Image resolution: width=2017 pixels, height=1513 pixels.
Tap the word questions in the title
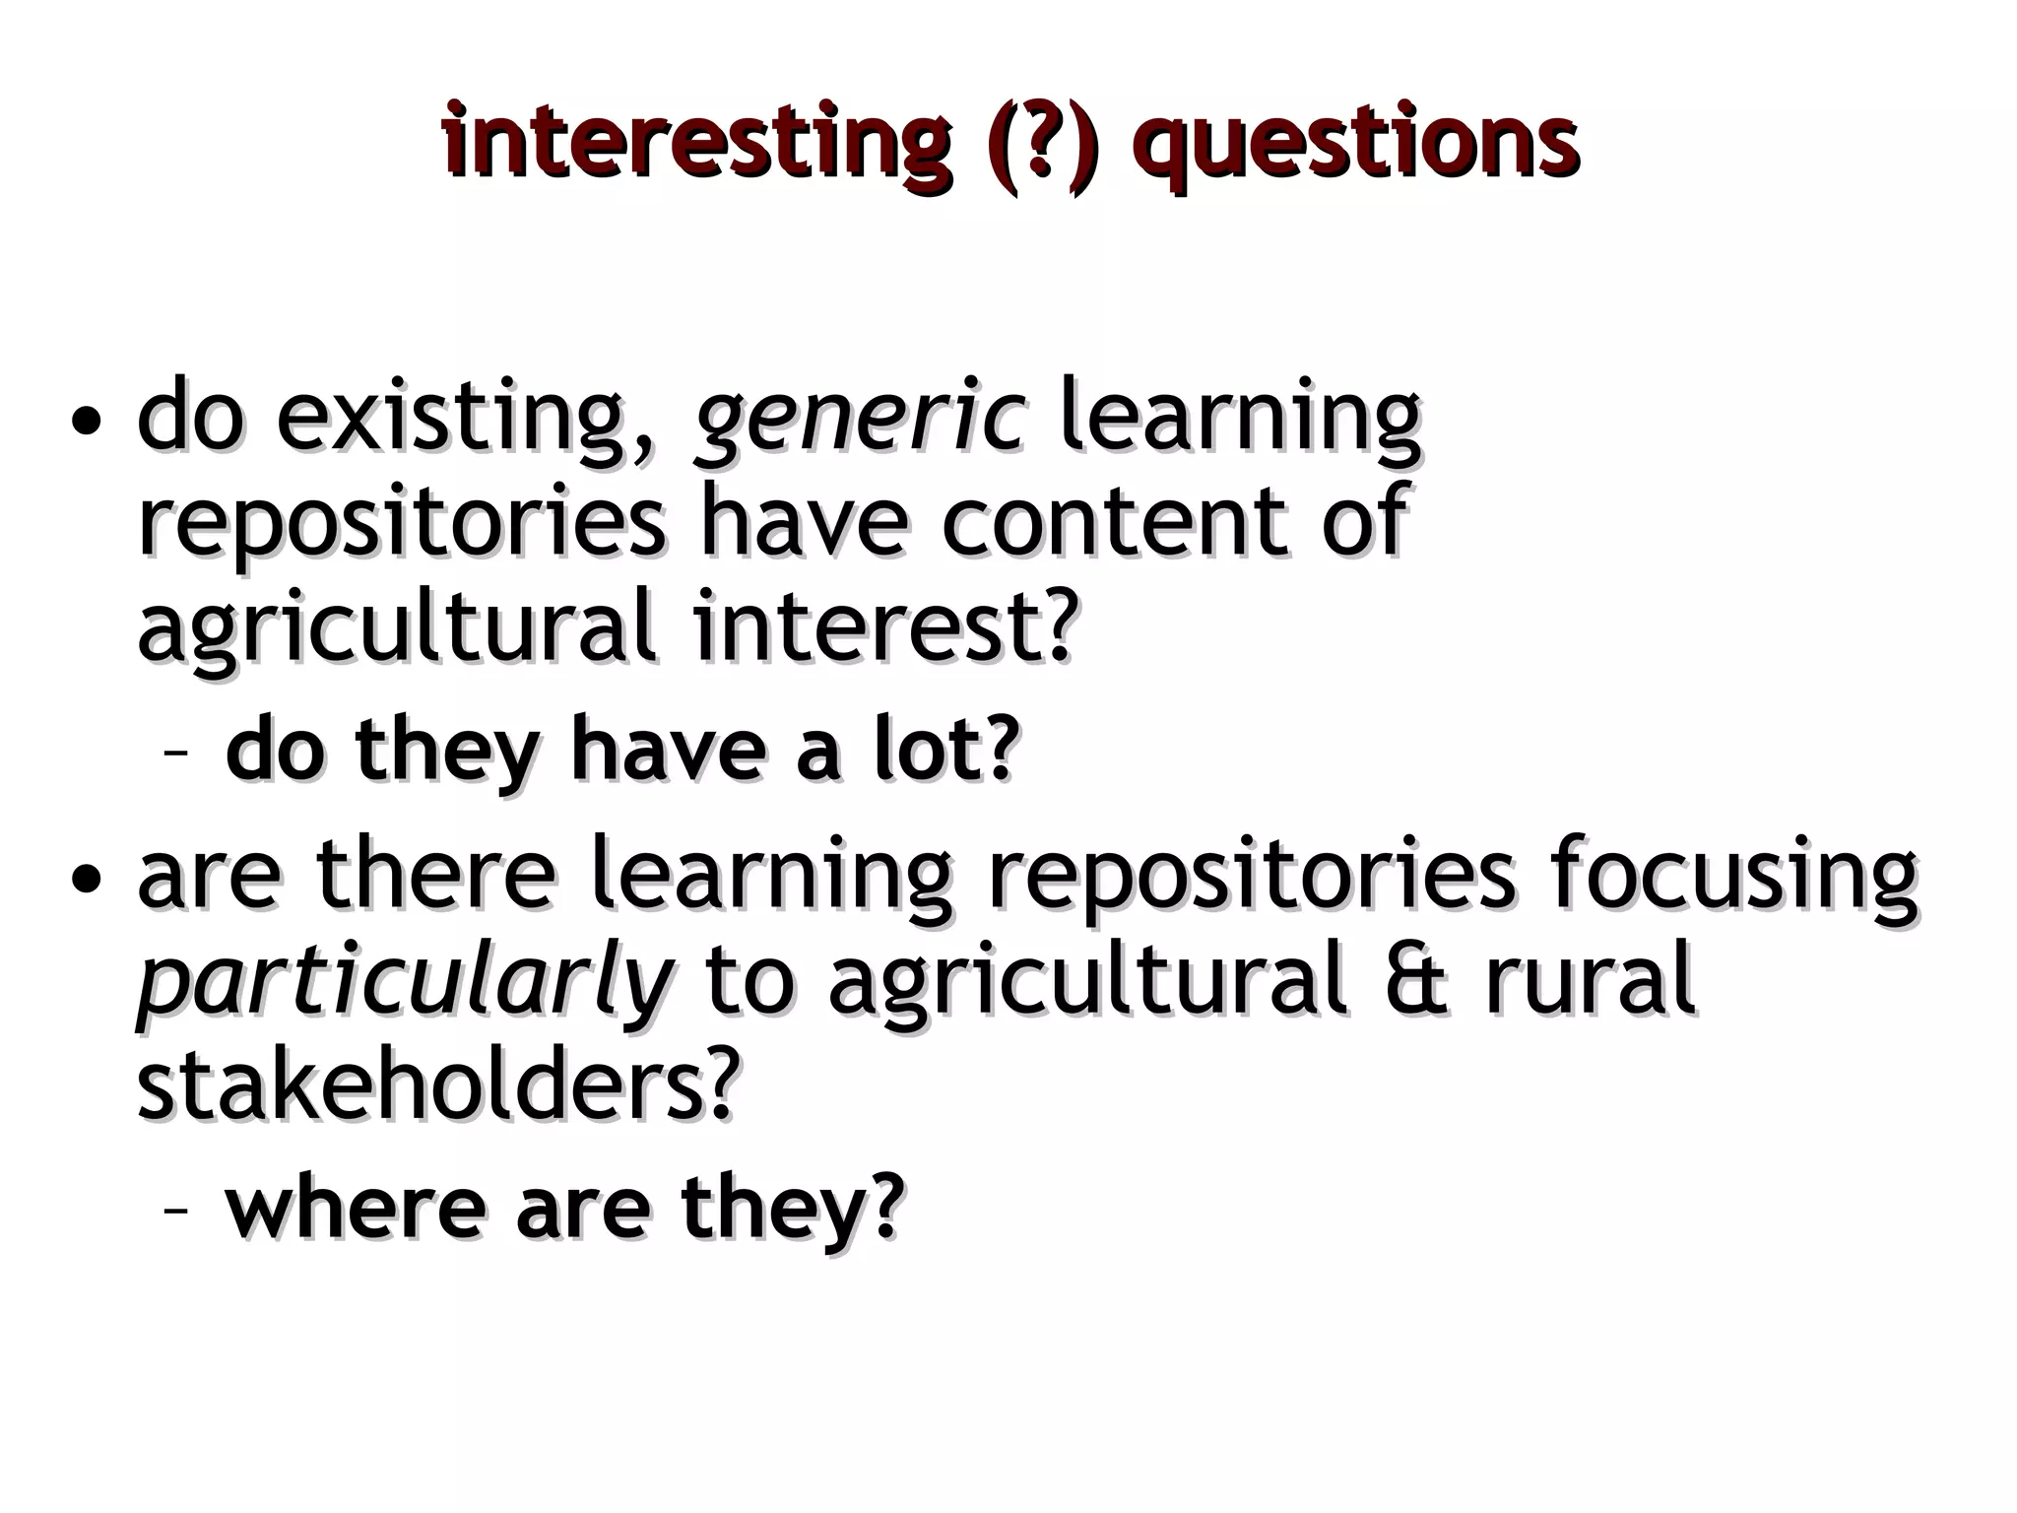tap(1360, 146)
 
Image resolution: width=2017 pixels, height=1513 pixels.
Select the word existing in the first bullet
tap(464, 418)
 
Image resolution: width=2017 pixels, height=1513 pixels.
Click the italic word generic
tap(861, 418)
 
